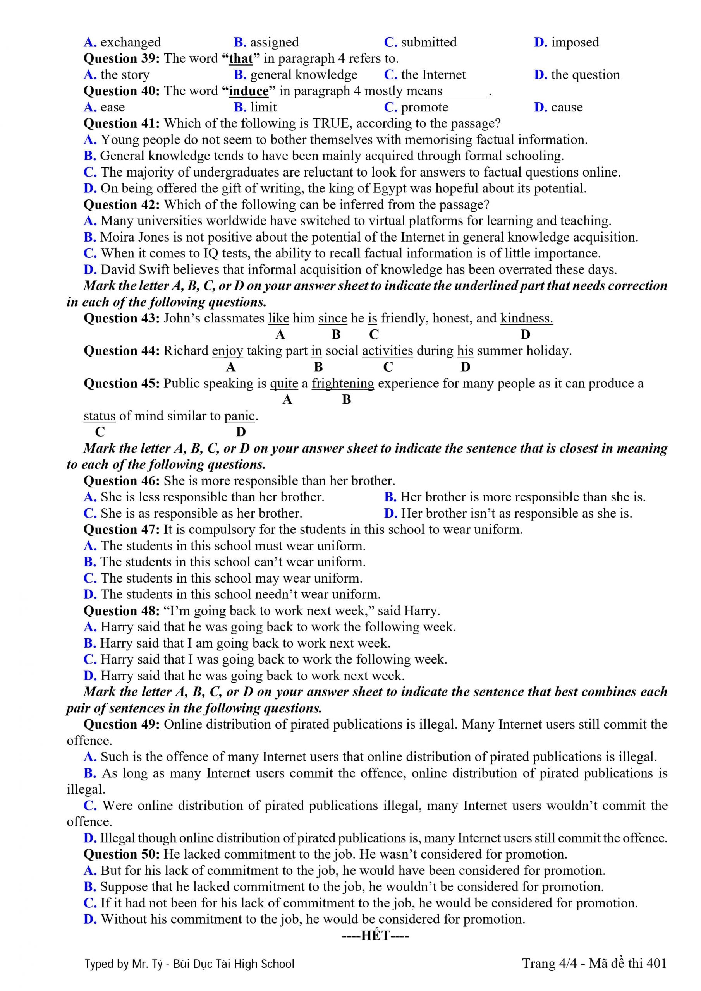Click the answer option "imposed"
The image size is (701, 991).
575,42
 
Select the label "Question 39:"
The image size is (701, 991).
122,58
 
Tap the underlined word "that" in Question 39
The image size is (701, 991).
241,58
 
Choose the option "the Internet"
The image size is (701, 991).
433,75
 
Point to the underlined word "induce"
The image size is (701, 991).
248,91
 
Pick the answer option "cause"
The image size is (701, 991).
567,107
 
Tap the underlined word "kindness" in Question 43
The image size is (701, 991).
526,318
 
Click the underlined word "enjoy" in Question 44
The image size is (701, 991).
227,350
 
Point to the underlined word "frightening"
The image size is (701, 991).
343,383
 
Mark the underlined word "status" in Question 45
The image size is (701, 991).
100,416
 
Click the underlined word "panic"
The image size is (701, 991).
239,416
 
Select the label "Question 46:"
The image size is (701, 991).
122,481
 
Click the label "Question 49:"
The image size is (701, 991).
122,724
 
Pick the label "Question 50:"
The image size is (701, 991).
122,854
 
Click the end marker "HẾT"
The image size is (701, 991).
375,936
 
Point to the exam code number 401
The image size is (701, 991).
656,964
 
